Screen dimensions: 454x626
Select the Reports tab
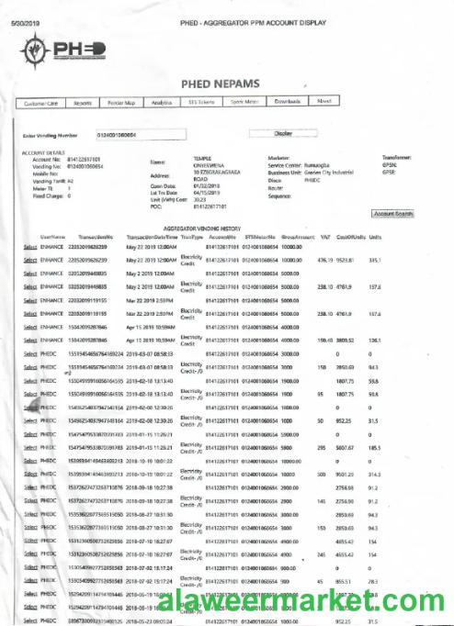[x=82, y=103]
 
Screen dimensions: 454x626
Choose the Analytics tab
[x=163, y=103]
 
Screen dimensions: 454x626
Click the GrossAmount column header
[x=299, y=236]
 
